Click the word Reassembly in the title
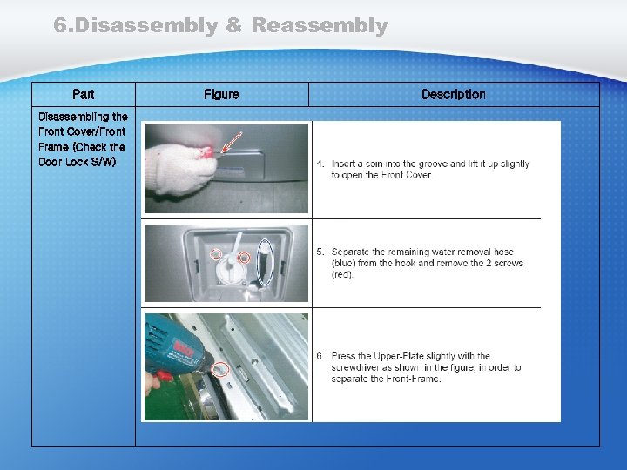320,26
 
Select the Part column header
84,94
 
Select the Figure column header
221,94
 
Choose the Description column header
454,94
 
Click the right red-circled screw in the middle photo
245,258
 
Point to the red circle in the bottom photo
220,368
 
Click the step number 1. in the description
320,164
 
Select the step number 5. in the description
320,252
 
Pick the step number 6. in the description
320,356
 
